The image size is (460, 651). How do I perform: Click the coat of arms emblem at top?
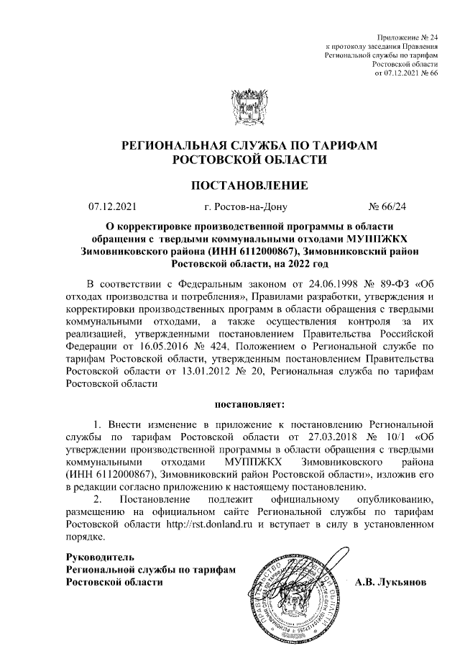pyautogui.click(x=249, y=107)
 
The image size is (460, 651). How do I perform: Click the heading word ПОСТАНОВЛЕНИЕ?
pyautogui.click(x=249, y=186)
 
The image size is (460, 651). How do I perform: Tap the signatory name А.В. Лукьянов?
pyautogui.click(x=391, y=581)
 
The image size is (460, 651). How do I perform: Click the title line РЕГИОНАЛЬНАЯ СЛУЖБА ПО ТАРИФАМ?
pyautogui.click(x=249, y=145)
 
